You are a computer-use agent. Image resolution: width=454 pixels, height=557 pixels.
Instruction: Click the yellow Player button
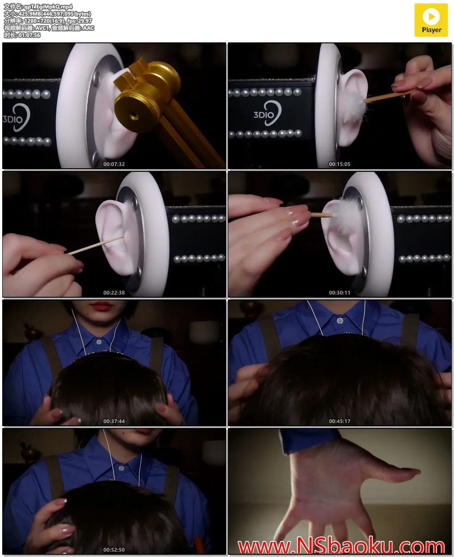pyautogui.click(x=431, y=21)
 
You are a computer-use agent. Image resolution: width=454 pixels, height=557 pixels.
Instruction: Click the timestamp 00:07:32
pyautogui.click(x=114, y=164)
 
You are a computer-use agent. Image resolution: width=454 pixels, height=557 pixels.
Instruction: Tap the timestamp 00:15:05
pyautogui.click(x=339, y=164)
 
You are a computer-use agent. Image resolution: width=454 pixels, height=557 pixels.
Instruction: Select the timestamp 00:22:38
pyautogui.click(x=114, y=293)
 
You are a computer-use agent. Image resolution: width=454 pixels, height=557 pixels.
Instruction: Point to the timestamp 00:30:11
pyautogui.click(x=339, y=293)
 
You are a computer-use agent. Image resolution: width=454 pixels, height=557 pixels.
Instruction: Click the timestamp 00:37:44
pyautogui.click(x=114, y=421)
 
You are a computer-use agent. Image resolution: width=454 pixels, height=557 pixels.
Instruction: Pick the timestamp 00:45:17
pyautogui.click(x=339, y=421)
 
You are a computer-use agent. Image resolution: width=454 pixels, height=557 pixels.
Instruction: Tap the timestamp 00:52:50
pyautogui.click(x=114, y=550)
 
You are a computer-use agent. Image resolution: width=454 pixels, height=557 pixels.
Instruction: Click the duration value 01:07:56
pyautogui.click(x=29, y=35)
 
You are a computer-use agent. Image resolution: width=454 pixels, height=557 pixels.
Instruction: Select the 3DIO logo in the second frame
pyautogui.click(x=267, y=113)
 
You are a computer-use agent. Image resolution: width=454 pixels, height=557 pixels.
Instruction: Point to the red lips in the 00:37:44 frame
pyautogui.click(x=102, y=306)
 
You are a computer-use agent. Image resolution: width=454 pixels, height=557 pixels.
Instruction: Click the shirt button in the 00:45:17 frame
pyautogui.click(x=340, y=321)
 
